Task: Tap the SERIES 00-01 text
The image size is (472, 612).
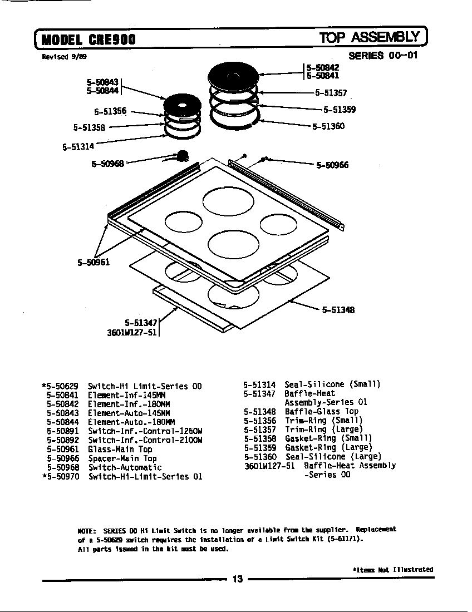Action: [x=382, y=56]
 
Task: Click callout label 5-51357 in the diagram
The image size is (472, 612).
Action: [x=331, y=93]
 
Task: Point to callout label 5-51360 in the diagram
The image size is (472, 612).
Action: [x=328, y=126]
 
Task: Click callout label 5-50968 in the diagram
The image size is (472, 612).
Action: [x=107, y=164]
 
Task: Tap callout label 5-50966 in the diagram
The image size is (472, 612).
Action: [x=332, y=165]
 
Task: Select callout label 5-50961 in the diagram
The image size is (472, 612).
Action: [x=93, y=262]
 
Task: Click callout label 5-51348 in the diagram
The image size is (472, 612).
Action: [x=338, y=310]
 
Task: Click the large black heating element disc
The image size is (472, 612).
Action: [x=233, y=75]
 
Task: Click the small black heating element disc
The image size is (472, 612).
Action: [x=183, y=105]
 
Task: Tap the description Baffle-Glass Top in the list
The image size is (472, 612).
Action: [x=322, y=412]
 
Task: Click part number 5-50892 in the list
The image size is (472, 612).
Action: [x=63, y=440]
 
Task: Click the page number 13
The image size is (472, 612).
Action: [x=238, y=580]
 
